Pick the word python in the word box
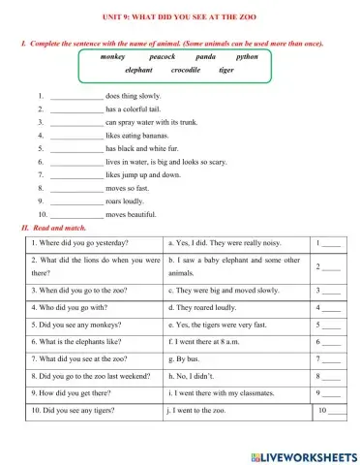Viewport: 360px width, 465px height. point(247,57)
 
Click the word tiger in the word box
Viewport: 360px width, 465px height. point(226,71)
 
